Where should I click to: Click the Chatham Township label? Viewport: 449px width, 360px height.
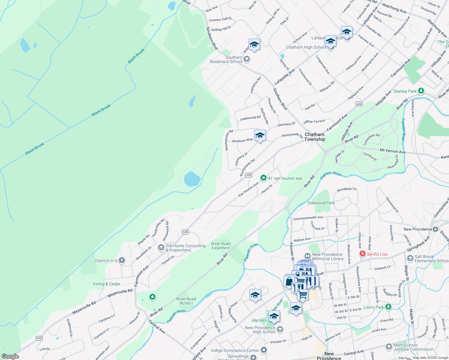[315, 137]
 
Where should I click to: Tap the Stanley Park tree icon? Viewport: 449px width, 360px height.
[421, 91]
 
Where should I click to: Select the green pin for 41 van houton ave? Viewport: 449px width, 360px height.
[263, 178]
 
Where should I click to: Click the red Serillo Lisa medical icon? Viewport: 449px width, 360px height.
[363, 254]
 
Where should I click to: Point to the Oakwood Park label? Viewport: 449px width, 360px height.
[321, 203]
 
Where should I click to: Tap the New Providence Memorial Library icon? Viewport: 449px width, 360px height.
[307, 256]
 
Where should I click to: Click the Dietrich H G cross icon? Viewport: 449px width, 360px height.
[122, 260]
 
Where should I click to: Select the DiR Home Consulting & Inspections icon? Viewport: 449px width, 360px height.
[161, 247]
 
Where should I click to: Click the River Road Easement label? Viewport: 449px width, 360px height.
[221, 246]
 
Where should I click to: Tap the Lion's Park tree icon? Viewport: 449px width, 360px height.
[388, 307]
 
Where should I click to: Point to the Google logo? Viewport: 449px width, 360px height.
[10, 356]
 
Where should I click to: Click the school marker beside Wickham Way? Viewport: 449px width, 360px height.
[260, 136]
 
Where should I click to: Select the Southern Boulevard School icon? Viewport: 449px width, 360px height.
[247, 59]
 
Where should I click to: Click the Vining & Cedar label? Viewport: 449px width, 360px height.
[106, 284]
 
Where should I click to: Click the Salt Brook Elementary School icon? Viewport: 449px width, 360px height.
[410, 258]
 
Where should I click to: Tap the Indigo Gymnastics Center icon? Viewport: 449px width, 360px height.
[264, 350]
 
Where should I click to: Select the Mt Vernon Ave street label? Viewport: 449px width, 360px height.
[393, 151]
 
